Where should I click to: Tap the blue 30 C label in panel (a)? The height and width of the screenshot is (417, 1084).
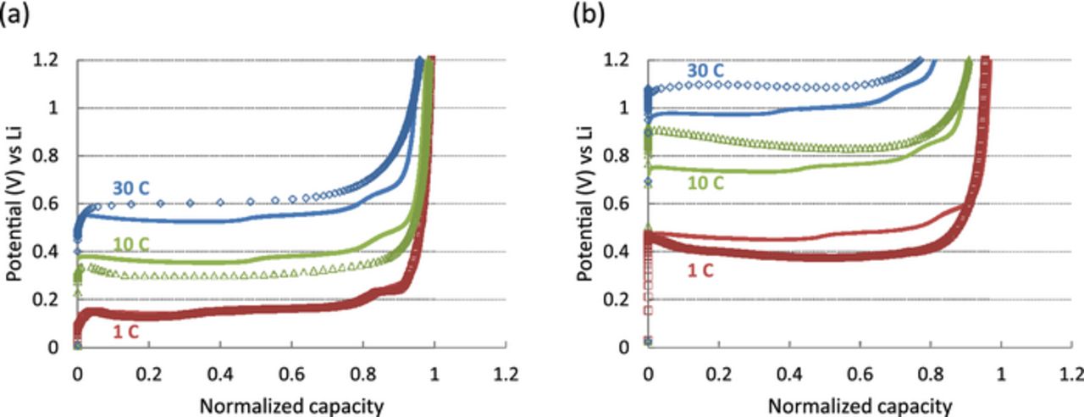tap(131, 188)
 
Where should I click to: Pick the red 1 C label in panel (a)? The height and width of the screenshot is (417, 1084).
tap(125, 332)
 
